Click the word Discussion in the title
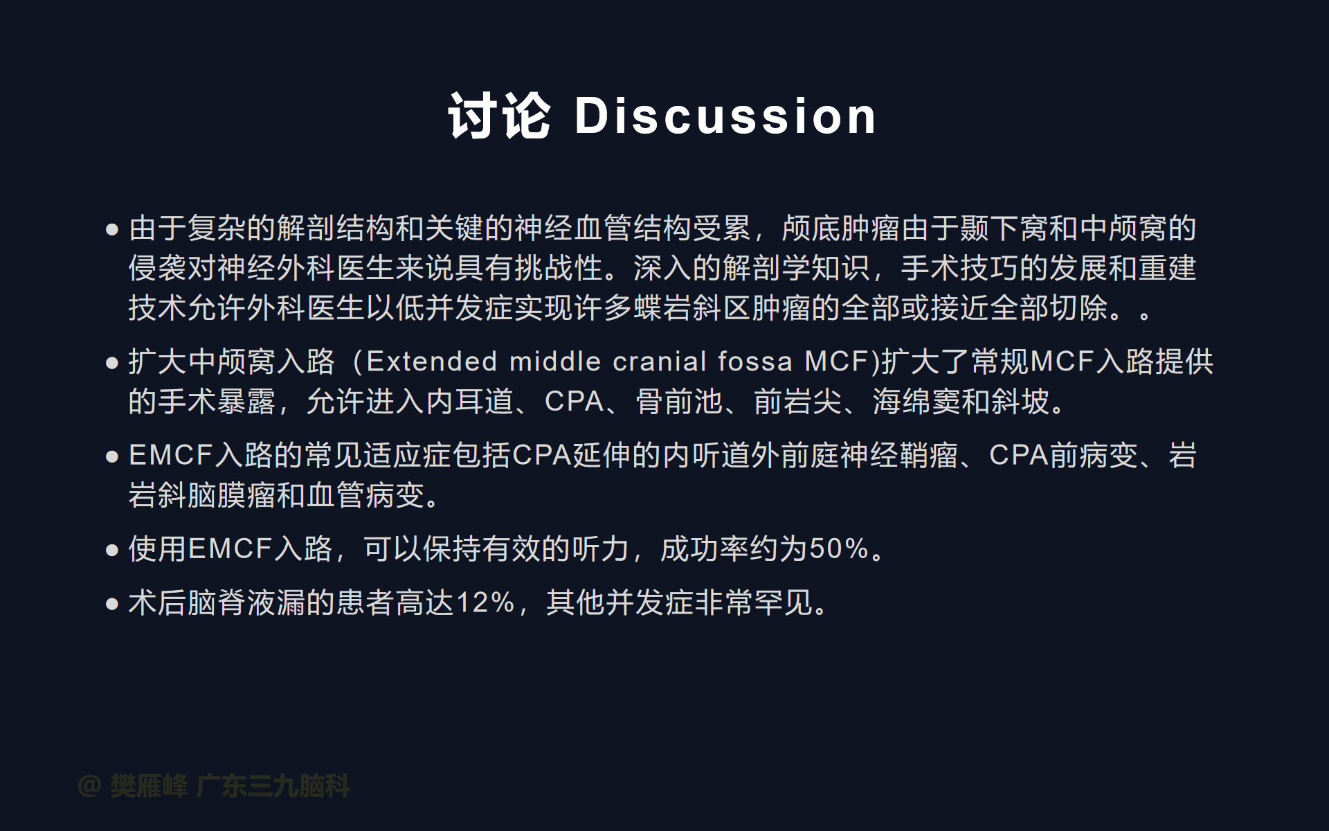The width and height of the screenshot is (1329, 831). [725, 116]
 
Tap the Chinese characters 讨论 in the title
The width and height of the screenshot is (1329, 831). [500, 116]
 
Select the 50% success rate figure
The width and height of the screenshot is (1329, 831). [840, 549]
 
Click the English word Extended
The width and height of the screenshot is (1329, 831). [432, 361]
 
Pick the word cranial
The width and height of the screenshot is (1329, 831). [660, 361]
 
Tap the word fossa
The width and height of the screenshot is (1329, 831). [755, 361]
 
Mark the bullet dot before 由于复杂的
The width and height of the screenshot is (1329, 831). [112, 230]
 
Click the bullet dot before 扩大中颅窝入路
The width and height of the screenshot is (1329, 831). [112, 363]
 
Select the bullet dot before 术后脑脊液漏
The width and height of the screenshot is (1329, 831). [112, 604]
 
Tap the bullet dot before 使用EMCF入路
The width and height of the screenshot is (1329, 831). [112, 551]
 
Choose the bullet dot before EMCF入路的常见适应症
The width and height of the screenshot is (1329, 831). [112, 457]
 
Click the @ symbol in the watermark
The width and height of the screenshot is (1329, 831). [90, 786]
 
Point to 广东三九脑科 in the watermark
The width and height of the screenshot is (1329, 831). [273, 786]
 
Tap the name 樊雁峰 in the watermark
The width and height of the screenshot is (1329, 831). [149, 786]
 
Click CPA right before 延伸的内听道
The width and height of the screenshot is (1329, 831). [542, 456]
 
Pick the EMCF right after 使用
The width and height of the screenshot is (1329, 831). [230, 549]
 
